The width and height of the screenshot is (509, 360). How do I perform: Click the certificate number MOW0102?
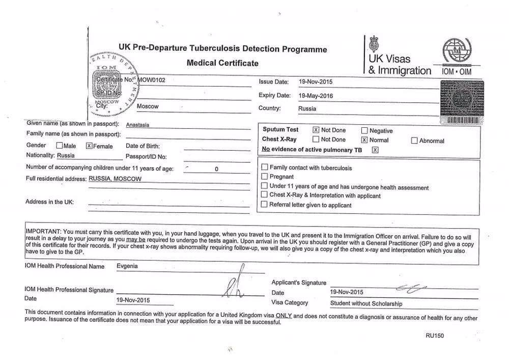(x=152, y=80)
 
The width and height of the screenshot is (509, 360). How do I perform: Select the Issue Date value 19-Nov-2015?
(x=316, y=82)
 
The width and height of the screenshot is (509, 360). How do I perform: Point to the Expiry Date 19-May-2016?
(x=317, y=95)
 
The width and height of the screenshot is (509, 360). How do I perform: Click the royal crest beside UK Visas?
(x=374, y=43)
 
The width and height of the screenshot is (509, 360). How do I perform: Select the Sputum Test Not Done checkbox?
(x=316, y=130)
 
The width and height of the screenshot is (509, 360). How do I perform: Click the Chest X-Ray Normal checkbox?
(x=364, y=140)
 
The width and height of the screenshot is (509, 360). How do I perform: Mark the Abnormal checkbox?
(x=414, y=141)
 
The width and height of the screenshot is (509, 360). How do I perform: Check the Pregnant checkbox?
(x=264, y=177)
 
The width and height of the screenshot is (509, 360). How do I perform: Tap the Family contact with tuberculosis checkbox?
(x=264, y=167)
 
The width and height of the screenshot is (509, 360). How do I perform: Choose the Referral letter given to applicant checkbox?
(x=264, y=205)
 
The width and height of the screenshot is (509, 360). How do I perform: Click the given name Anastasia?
(x=137, y=125)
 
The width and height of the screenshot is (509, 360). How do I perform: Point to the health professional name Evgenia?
(x=127, y=266)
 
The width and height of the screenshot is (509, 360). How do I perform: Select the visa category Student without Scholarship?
(x=366, y=304)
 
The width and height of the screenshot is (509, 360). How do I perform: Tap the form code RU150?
(x=434, y=336)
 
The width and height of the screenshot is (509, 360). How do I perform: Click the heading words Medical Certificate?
(x=222, y=63)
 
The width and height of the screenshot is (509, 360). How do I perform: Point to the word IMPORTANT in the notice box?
(x=43, y=231)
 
